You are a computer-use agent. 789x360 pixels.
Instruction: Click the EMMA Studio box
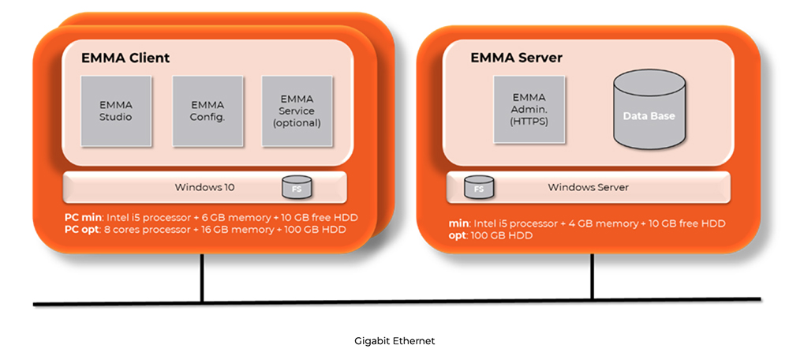coord(115,111)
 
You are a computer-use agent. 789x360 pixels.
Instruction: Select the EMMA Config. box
coord(207,111)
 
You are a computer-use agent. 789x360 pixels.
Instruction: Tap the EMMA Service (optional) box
coord(297,111)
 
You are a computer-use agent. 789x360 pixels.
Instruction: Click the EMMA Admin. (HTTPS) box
coord(529,111)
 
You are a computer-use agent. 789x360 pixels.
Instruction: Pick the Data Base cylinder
coord(649,114)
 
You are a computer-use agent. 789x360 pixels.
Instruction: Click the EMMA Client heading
coord(125,58)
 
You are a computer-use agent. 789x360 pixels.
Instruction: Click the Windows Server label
coord(588,188)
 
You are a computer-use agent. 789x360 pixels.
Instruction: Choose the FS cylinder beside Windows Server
coord(479,188)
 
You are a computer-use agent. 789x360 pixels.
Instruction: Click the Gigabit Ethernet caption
coord(394,341)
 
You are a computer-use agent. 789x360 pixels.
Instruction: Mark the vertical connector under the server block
coord(592,276)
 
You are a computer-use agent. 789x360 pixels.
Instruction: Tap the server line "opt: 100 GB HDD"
coord(490,235)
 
